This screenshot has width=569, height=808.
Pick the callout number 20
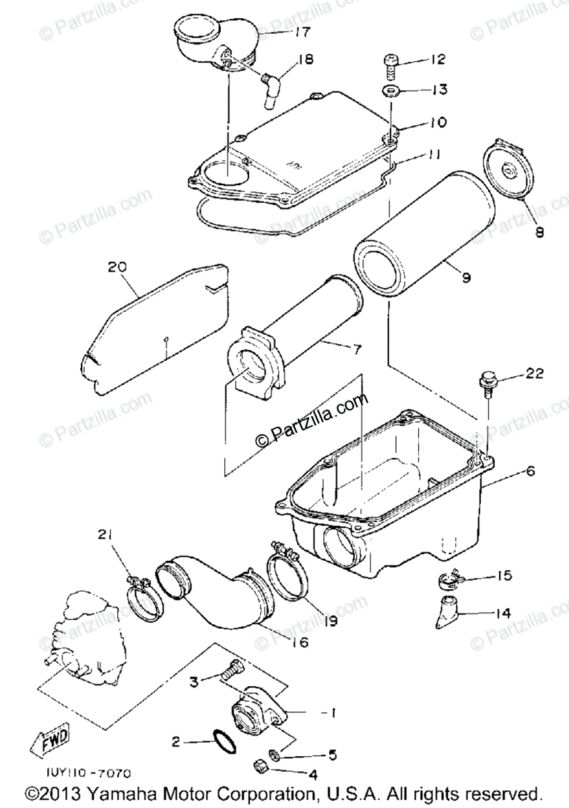click(x=118, y=268)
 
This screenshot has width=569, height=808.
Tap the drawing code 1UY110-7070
click(x=89, y=775)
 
